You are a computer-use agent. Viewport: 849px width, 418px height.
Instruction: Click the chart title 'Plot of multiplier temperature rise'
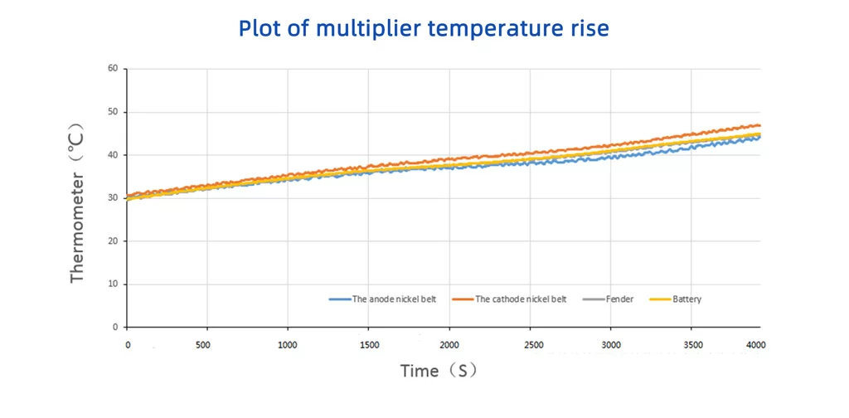point(424,28)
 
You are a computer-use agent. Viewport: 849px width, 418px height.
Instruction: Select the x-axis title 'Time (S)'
point(439,371)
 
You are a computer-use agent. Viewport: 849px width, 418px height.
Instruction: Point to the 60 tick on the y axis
point(112,69)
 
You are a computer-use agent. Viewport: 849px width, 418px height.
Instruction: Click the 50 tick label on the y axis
point(112,112)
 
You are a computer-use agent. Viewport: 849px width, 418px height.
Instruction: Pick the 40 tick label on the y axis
point(112,155)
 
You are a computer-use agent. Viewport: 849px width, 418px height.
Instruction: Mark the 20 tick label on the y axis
point(112,241)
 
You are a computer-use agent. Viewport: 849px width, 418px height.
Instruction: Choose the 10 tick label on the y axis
point(112,284)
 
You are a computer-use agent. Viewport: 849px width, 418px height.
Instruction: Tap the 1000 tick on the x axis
point(288,344)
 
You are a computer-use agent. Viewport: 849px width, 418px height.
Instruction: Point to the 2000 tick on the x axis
point(449,344)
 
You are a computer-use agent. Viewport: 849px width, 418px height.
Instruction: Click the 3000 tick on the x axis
point(610,344)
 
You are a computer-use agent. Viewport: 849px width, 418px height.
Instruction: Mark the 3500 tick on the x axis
point(692,344)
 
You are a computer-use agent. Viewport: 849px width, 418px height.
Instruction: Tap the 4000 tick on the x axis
point(755,344)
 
